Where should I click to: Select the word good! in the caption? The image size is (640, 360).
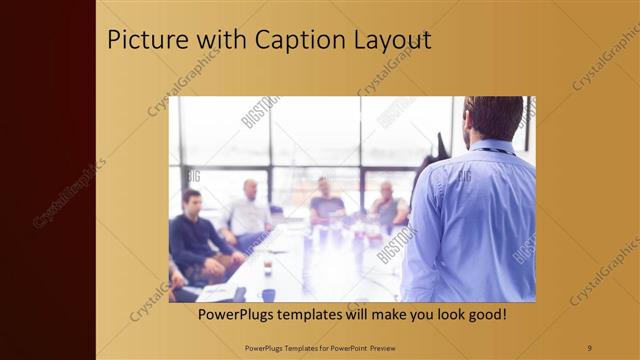click(x=483, y=314)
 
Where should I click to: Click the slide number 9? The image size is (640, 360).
click(x=588, y=347)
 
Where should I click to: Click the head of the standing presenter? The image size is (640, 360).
click(x=493, y=118)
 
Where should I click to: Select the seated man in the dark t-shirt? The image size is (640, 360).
click(x=325, y=203)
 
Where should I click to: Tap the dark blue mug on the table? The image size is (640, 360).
click(x=268, y=294)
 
